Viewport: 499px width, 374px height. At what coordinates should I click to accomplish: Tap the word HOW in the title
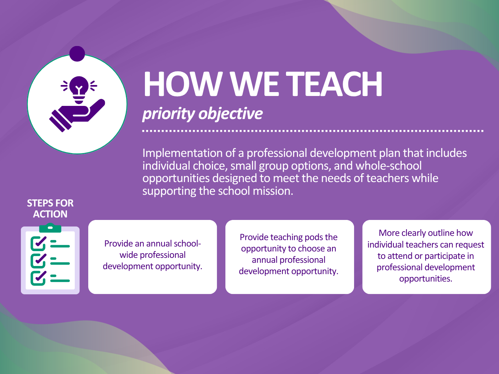[x=182, y=84]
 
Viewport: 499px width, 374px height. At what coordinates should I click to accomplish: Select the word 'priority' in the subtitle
[x=168, y=114]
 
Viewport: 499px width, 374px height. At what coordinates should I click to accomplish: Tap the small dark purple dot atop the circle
[x=77, y=54]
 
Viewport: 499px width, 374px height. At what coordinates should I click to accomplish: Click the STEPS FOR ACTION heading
[x=50, y=209]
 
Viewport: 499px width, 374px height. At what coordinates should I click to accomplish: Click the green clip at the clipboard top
[x=50, y=228]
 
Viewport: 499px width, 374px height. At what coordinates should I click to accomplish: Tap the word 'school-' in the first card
[x=187, y=244]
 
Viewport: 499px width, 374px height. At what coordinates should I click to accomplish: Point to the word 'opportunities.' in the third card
[x=426, y=279]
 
